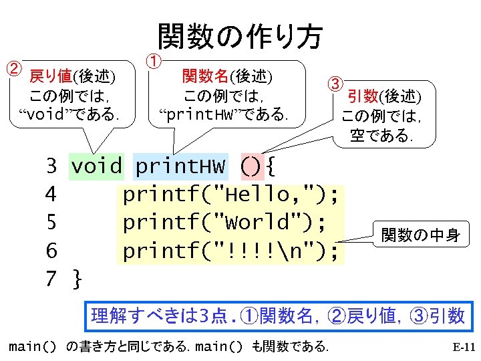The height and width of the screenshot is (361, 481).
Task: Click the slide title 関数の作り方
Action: click(240, 37)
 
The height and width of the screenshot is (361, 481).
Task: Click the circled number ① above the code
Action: click(152, 62)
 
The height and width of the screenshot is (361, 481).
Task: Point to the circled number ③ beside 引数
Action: click(334, 84)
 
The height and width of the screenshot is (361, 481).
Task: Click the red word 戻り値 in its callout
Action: click(51, 74)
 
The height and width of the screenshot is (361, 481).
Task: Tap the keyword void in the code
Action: click(97, 166)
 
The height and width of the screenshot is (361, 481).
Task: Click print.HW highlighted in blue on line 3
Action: click(180, 166)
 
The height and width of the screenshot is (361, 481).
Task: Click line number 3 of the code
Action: click(51, 166)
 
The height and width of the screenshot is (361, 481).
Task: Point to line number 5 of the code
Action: click(51, 222)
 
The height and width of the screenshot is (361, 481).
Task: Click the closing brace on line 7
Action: click(77, 279)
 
